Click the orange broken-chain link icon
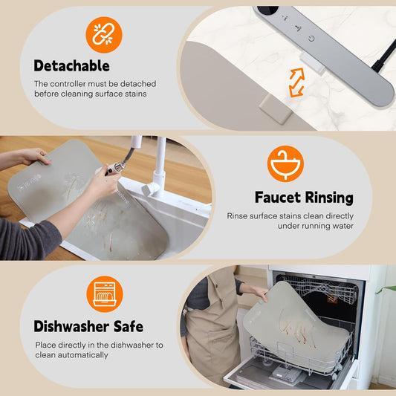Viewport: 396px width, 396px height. coord(104,35)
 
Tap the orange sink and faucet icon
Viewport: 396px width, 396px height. coord(285,163)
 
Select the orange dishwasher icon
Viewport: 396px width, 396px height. coord(105,294)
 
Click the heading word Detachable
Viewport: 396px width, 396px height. coord(72,65)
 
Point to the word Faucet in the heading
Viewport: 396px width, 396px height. coord(278,197)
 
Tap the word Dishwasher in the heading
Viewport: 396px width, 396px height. coord(72,326)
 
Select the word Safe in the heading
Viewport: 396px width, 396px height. coord(129,326)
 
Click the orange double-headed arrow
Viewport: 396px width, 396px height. coord(296,82)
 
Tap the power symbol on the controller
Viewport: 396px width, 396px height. coord(311,39)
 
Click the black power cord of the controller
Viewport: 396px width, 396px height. coord(384,56)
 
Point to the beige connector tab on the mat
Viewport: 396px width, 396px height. coord(276,110)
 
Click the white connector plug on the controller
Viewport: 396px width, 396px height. coord(312,63)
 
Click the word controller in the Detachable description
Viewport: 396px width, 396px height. coord(68,84)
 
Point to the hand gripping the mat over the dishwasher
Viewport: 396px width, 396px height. coord(259,292)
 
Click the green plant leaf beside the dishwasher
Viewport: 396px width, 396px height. coord(386,289)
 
